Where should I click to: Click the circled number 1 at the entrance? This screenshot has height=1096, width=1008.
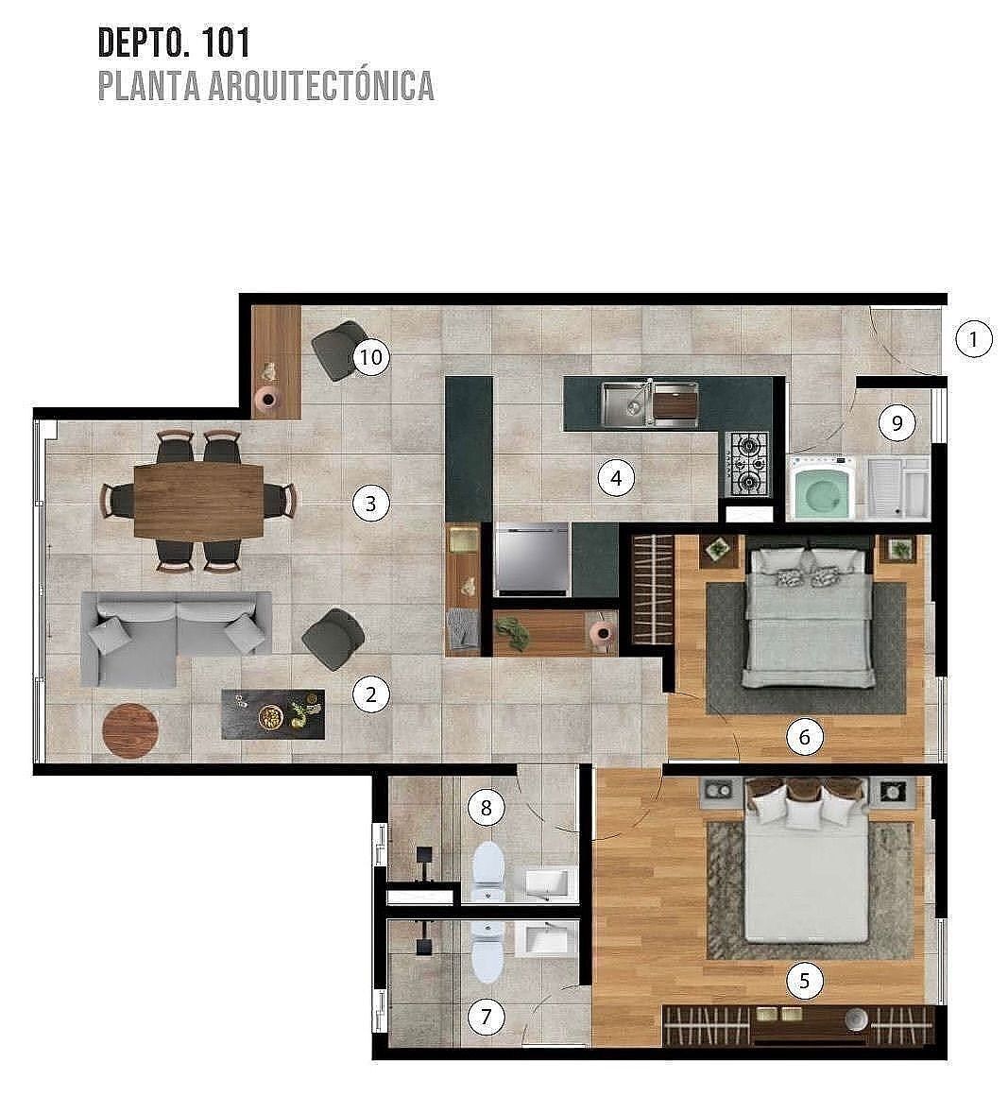pyautogui.click(x=974, y=340)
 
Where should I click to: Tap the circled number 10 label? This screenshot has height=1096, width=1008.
pyautogui.click(x=370, y=357)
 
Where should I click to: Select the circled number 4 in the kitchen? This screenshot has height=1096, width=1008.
pyautogui.click(x=616, y=478)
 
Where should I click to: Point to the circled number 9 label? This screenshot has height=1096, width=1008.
pyautogui.click(x=897, y=422)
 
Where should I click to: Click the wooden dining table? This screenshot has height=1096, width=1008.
pyautogui.click(x=198, y=501)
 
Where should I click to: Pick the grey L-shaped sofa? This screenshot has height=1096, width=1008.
pyautogui.click(x=175, y=638)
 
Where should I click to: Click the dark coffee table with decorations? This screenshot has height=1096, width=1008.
pyautogui.click(x=273, y=714)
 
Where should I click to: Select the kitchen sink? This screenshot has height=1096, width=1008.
pyautogui.click(x=650, y=404)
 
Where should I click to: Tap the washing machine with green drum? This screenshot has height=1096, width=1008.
pyautogui.click(x=821, y=488)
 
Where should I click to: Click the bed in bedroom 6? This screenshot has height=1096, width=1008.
pyautogui.click(x=808, y=618)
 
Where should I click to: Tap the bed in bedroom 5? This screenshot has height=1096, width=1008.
pyautogui.click(x=807, y=866)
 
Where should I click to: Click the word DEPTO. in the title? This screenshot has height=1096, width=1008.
pyautogui.click(x=144, y=43)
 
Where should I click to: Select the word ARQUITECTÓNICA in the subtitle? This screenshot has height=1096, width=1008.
pyautogui.click(x=321, y=86)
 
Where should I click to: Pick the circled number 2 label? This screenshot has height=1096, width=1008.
pyautogui.click(x=370, y=694)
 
